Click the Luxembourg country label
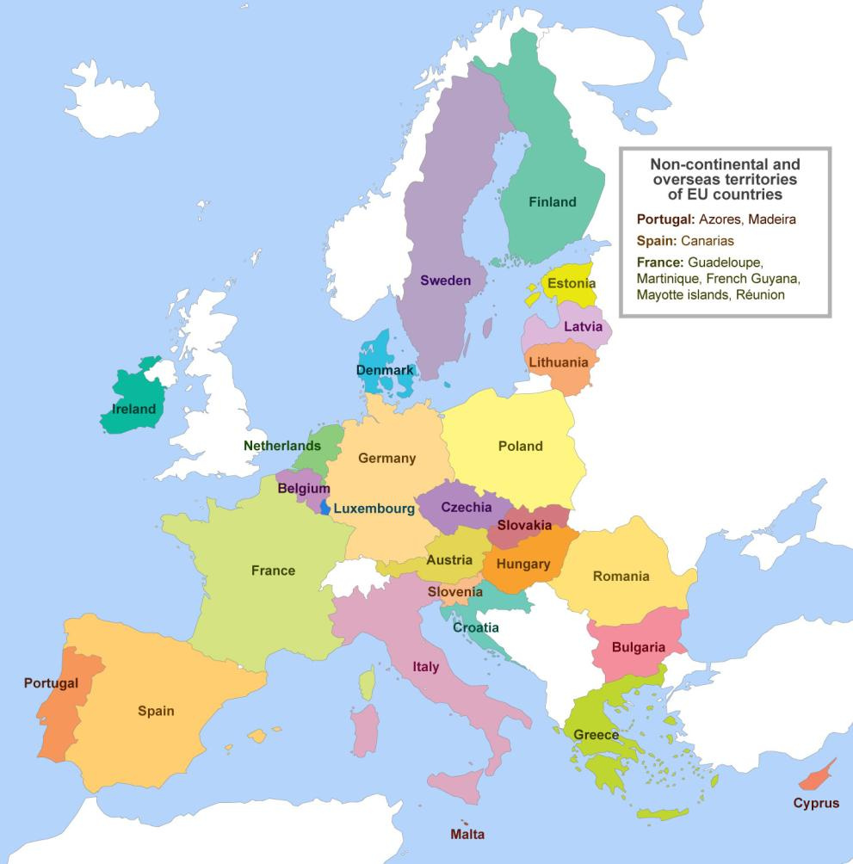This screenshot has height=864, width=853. coord(374,509)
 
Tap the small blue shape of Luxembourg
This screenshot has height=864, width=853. coord(325,507)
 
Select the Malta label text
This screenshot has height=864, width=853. coord(467,834)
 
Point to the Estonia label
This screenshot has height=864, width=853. coord(571,283)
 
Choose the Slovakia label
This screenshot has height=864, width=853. coord(524,525)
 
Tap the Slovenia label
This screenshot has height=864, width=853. coord(455,591)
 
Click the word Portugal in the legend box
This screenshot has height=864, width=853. coord(664,219)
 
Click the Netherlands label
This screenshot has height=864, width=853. coord(282,446)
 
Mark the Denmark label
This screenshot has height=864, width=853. coord(385,370)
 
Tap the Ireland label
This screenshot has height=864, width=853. coord(134,409)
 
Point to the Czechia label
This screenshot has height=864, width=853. coord(467,507)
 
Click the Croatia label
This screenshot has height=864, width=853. coord(476,627)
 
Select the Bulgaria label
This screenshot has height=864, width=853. coord(638,647)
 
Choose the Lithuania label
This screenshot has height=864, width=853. coord(559,362)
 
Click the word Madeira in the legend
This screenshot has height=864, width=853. coord(772,219)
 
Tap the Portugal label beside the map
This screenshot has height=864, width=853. coord(51,683)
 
